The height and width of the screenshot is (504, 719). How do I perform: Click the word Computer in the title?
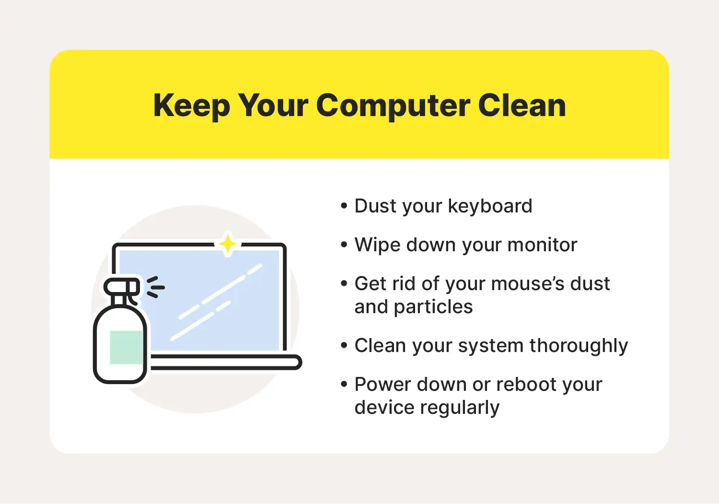pyautogui.click(x=393, y=106)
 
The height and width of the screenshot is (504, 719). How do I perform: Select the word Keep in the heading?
pyautogui.click(x=192, y=106)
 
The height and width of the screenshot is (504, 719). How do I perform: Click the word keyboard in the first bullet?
pyautogui.click(x=490, y=206)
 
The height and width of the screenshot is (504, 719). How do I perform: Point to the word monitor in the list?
pyautogui.click(x=542, y=245)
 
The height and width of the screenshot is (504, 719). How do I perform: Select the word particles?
pyautogui.click(x=433, y=307)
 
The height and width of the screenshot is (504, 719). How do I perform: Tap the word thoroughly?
pyautogui.click(x=579, y=346)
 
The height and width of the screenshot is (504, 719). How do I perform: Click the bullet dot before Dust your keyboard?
pyautogui.click(x=344, y=206)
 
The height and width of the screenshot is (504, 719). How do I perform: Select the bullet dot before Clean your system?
pyautogui.click(x=344, y=346)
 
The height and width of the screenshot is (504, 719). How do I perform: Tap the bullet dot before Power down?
pyautogui.click(x=344, y=385)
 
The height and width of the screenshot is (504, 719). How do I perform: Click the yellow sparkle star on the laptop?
pyautogui.click(x=228, y=245)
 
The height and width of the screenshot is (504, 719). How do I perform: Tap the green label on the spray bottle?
pyautogui.click(x=127, y=347)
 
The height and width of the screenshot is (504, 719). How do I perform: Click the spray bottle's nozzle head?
pyautogui.click(x=122, y=287)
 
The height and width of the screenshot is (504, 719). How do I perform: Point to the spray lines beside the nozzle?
pyautogui.click(x=155, y=287)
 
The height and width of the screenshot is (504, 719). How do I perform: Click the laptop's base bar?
pyautogui.click(x=225, y=362)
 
